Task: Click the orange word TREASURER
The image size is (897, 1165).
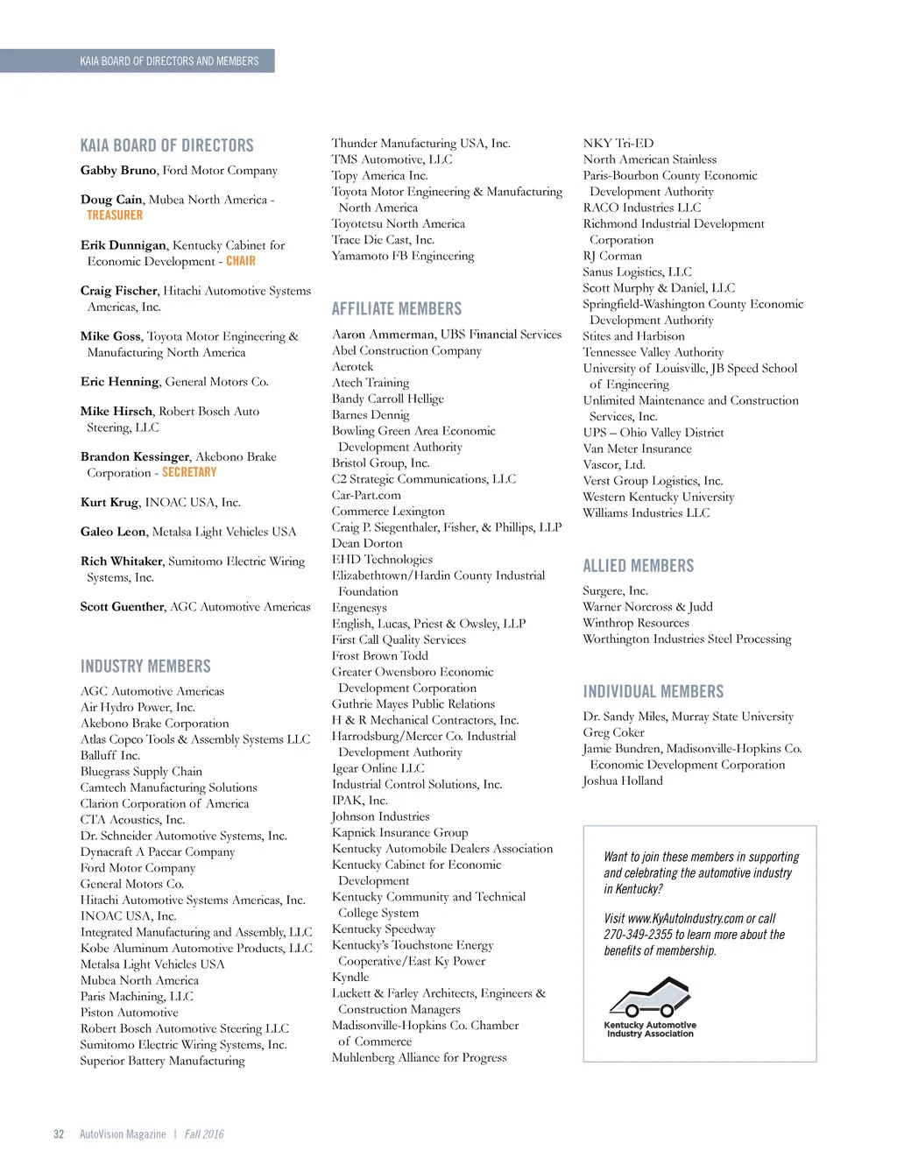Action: tap(115, 215)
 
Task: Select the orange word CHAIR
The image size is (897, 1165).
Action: tap(241, 261)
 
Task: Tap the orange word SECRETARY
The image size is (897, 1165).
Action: tap(189, 472)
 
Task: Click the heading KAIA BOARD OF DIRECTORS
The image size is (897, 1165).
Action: tap(166, 145)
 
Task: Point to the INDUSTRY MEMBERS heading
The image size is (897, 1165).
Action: tap(145, 667)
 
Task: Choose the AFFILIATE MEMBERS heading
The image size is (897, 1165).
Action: tap(397, 309)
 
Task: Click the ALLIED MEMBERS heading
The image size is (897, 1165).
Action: tap(639, 567)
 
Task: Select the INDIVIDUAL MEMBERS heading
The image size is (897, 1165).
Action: tap(653, 692)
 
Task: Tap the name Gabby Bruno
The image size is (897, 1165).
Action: tap(118, 171)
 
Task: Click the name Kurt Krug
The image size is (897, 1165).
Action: tap(109, 503)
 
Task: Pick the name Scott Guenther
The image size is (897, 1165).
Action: tap(122, 607)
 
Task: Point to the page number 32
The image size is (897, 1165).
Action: tap(59, 1134)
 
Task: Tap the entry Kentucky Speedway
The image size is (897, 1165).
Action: tap(384, 929)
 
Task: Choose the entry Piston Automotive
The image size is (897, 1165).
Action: tap(130, 1013)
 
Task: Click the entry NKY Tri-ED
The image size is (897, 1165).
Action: tap(618, 144)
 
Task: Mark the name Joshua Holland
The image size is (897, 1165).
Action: tap(623, 780)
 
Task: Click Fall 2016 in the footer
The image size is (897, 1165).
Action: tap(204, 1134)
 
